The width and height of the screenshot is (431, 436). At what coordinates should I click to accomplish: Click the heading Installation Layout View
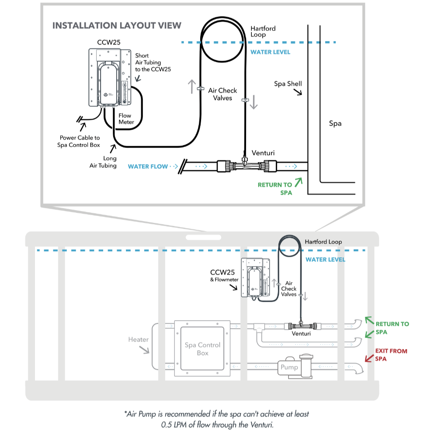pyautogui.click(x=117, y=26)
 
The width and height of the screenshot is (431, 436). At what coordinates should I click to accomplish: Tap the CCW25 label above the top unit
pyautogui.click(x=109, y=42)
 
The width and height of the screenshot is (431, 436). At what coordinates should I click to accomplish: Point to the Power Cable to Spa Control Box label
pyautogui.click(x=79, y=141)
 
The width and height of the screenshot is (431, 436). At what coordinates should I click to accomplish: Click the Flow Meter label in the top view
pyautogui.click(x=126, y=119)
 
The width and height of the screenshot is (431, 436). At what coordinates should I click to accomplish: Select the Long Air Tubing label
pyautogui.click(x=103, y=162)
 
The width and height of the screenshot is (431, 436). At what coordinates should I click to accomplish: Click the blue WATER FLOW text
pyautogui.click(x=148, y=166)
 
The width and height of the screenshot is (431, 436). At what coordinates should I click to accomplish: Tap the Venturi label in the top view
pyautogui.click(x=263, y=153)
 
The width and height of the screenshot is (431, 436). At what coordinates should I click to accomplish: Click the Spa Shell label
pyautogui.click(x=288, y=84)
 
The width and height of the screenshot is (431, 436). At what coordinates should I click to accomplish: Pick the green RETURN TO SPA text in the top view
pyautogui.click(x=275, y=189)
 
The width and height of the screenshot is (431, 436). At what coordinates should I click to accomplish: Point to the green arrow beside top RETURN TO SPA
pyautogui.click(x=299, y=183)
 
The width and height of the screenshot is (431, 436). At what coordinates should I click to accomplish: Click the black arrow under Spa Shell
pyautogui.click(x=298, y=92)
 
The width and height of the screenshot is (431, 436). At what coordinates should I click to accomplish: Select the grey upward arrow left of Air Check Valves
pyautogui.click(x=192, y=87)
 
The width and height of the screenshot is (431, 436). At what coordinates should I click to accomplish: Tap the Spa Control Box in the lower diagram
pyautogui.click(x=202, y=349)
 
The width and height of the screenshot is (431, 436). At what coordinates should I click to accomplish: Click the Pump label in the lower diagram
pyautogui.click(x=289, y=367)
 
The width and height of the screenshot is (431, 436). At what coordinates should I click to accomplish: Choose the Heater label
pyautogui.click(x=138, y=339)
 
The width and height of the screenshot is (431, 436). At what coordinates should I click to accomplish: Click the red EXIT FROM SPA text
pyautogui.click(x=391, y=355)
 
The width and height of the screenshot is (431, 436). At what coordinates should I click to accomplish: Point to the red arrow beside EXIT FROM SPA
pyautogui.click(x=369, y=358)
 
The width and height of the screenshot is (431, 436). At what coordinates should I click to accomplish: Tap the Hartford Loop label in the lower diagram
pyautogui.click(x=323, y=242)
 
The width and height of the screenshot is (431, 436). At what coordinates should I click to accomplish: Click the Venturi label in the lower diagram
pyautogui.click(x=301, y=333)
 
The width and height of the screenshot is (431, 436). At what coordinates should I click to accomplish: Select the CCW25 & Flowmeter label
pyautogui.click(x=224, y=276)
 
